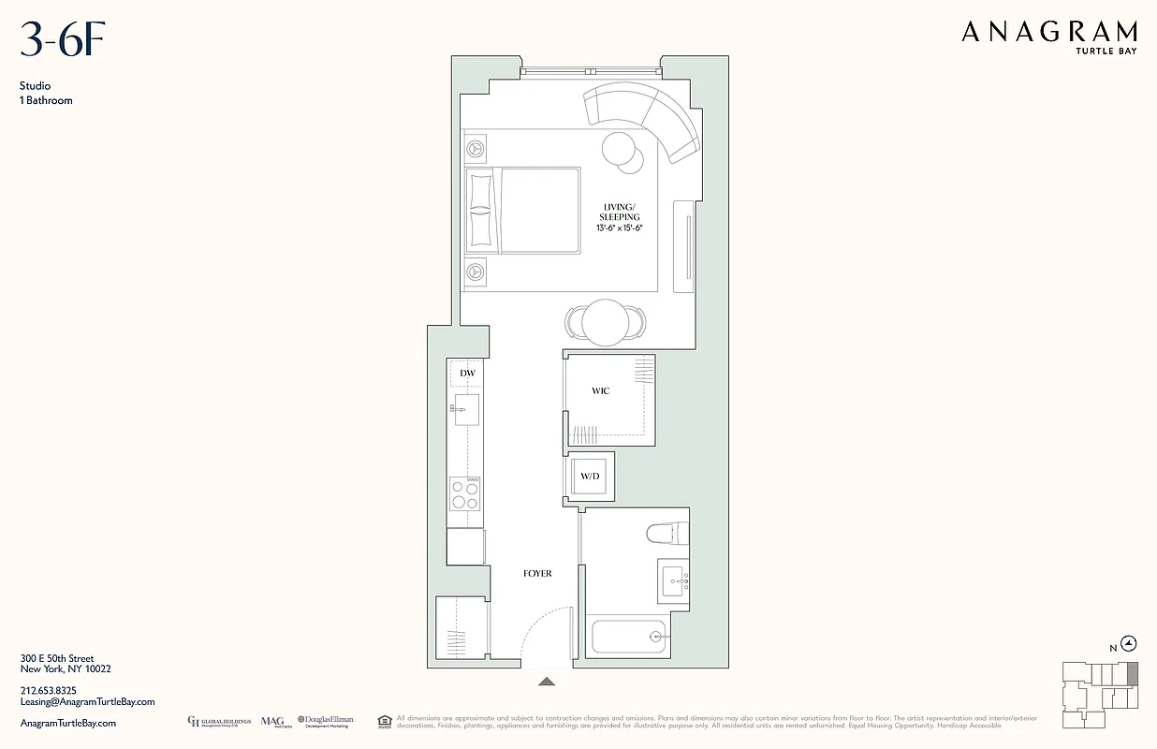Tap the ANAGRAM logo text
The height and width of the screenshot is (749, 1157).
click(x=1048, y=34)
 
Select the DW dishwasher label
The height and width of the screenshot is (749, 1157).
click(x=467, y=374)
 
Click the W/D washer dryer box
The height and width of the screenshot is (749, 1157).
click(x=590, y=477)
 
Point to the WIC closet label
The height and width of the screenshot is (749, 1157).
click(x=601, y=391)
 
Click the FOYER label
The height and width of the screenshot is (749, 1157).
click(x=537, y=573)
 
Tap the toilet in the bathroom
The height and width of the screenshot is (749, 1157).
click(x=667, y=534)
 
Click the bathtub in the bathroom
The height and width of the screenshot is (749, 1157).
click(x=628, y=638)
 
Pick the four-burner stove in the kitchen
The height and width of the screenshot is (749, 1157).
click(x=465, y=493)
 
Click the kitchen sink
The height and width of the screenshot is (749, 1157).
click(x=466, y=409)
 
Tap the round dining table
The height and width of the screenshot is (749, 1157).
click(x=605, y=322)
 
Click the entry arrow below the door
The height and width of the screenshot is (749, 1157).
click(x=547, y=682)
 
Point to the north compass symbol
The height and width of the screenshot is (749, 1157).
click(x=1129, y=643)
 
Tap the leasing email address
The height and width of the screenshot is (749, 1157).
click(x=87, y=701)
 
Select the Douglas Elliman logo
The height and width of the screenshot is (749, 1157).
click(x=326, y=722)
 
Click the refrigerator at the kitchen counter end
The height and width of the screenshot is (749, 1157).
click(x=465, y=546)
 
